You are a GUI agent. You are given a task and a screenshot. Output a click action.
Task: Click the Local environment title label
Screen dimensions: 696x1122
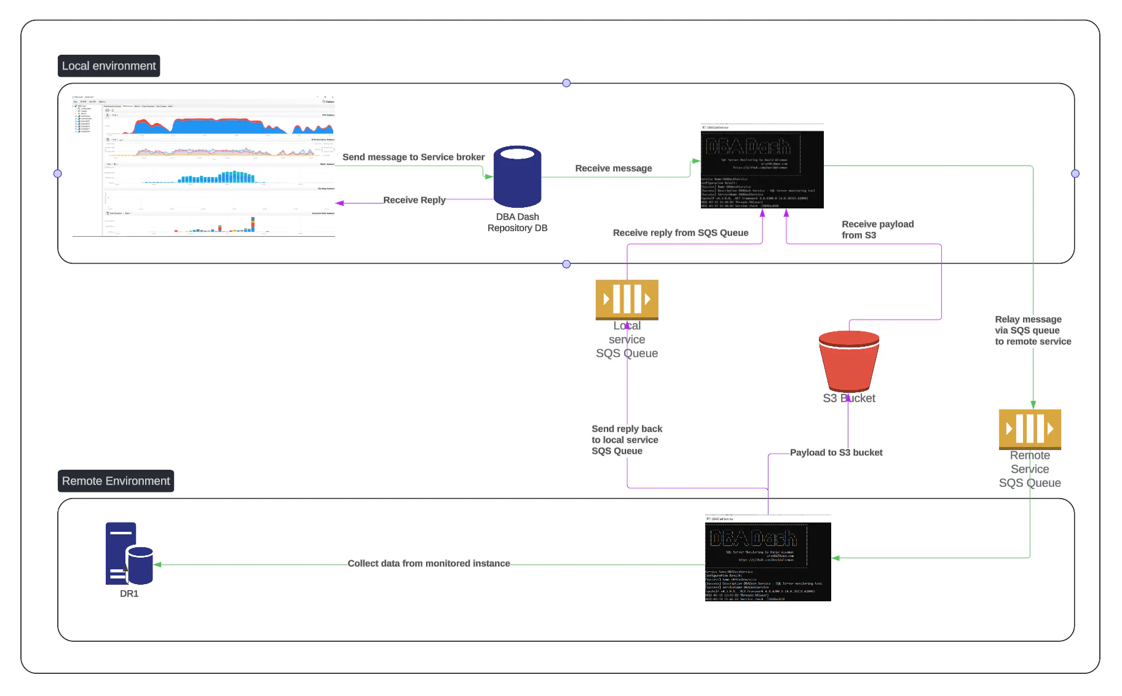pyautogui.click(x=109, y=66)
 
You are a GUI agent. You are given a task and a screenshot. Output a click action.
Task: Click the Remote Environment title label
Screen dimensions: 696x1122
pyautogui.click(x=116, y=481)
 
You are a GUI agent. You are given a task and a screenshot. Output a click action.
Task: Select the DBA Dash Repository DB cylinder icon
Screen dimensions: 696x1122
pyautogui.click(x=517, y=177)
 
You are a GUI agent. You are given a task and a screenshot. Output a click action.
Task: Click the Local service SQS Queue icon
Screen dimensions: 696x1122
pyautogui.click(x=626, y=299)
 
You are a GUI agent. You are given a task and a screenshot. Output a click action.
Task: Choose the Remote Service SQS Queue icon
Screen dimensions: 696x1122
pyautogui.click(x=1029, y=429)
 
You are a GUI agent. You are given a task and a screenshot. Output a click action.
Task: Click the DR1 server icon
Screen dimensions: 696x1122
pyautogui.click(x=128, y=554)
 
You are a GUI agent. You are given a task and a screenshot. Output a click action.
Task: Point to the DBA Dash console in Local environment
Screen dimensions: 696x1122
pyautogui.click(x=762, y=167)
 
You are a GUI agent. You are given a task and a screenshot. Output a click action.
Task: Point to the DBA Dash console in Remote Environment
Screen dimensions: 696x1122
pyautogui.click(x=767, y=559)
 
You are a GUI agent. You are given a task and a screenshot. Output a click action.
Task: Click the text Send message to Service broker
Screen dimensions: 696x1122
pyautogui.click(x=413, y=157)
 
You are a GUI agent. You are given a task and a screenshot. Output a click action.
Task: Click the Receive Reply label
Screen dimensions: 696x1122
pyautogui.click(x=414, y=200)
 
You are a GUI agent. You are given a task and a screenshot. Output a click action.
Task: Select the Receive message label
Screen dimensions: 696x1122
pyautogui.click(x=613, y=168)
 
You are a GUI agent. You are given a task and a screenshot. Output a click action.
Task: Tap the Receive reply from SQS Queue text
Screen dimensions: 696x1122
pyautogui.click(x=680, y=232)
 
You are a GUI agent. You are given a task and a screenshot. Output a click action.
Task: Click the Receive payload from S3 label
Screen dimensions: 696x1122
pyautogui.click(x=877, y=229)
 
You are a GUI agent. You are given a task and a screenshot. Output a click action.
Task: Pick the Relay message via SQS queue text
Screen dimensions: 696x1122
pyautogui.click(x=1032, y=330)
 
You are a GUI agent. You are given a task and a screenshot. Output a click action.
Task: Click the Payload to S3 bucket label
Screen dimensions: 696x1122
pyautogui.click(x=836, y=453)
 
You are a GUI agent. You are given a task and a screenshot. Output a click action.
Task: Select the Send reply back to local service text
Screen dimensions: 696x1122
pyautogui.click(x=626, y=440)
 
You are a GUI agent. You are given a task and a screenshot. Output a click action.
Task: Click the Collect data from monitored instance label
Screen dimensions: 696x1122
pyautogui.click(x=429, y=563)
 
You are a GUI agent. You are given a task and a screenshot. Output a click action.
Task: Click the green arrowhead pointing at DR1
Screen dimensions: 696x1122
pyautogui.click(x=157, y=564)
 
